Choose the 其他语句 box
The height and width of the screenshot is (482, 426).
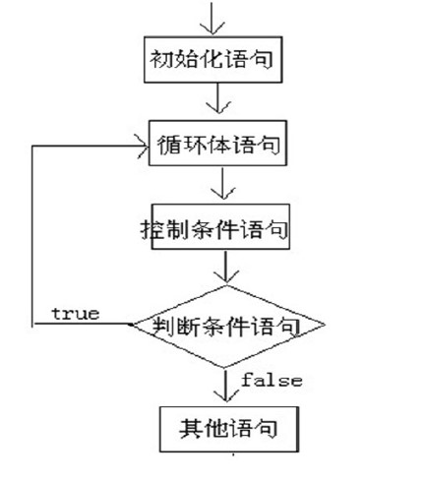[x=226, y=428]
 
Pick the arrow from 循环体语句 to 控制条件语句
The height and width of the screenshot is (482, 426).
[x=227, y=183]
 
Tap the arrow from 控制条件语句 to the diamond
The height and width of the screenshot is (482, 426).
[x=227, y=268]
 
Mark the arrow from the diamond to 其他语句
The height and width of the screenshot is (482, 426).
[x=227, y=384]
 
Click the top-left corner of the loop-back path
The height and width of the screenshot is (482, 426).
[x=33, y=146]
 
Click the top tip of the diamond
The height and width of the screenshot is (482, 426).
[x=227, y=286]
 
